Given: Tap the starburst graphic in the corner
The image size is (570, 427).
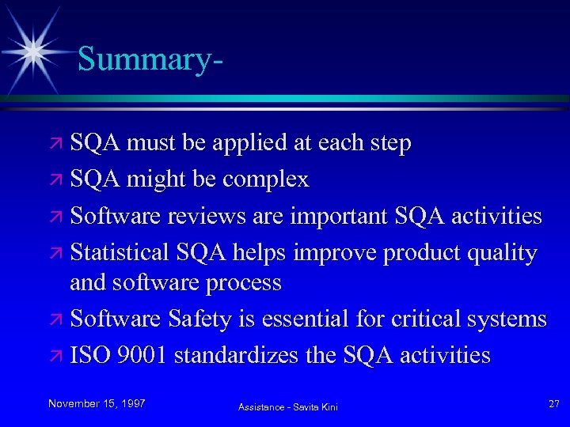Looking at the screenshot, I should point(33,50).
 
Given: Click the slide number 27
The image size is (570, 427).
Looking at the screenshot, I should point(553,404).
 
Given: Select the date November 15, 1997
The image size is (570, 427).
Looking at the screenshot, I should point(97,404).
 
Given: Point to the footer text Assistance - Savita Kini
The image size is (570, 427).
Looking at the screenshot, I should point(288,406).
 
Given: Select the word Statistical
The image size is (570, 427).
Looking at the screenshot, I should point(120,252).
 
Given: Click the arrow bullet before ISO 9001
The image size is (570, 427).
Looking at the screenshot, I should point(59,356).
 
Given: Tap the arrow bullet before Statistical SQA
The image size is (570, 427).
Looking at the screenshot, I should point(59,253).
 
